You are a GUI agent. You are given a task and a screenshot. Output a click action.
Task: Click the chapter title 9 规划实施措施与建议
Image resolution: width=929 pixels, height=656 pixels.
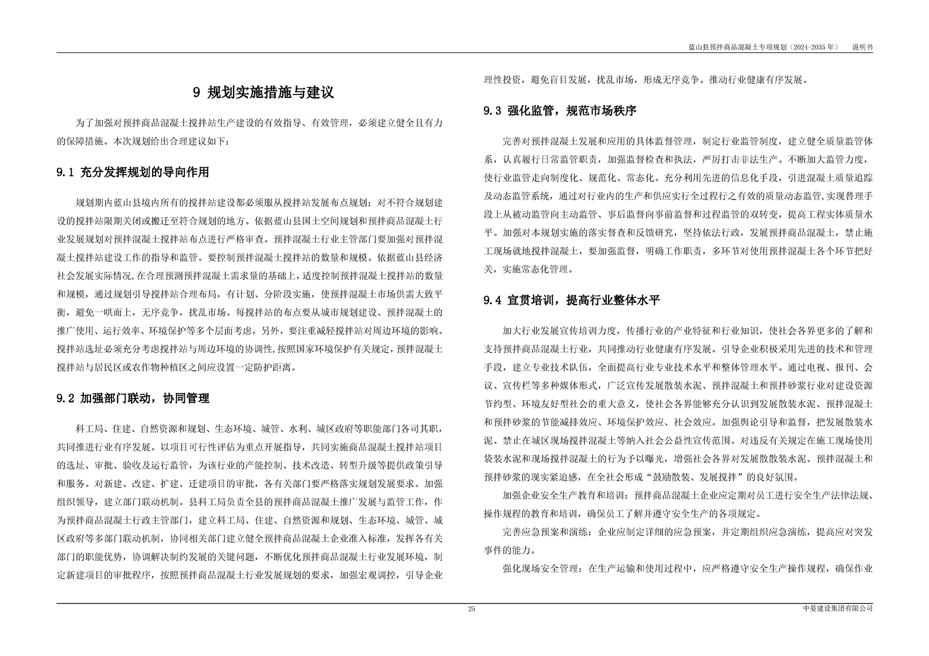point(264,93)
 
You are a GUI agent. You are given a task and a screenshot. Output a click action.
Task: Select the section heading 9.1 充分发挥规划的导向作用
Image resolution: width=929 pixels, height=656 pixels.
point(133,173)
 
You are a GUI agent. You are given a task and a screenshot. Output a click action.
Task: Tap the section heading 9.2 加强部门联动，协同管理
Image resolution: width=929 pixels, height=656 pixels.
point(133,398)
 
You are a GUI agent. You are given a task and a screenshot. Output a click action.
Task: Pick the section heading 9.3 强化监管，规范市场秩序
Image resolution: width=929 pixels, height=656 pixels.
point(560,110)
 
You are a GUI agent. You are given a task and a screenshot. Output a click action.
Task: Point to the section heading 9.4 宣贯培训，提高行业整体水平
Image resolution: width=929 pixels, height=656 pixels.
point(572,300)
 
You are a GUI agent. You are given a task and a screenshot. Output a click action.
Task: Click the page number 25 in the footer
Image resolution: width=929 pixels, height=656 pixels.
point(471,609)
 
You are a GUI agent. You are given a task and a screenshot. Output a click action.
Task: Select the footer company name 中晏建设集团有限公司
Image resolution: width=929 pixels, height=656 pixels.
point(837,609)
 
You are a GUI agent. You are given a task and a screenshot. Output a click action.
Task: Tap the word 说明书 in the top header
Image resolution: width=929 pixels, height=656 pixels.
point(862,46)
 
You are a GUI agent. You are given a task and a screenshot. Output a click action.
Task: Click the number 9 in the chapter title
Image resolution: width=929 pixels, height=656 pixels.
point(197,93)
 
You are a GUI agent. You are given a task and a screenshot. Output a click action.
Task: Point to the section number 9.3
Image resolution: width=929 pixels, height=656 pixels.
point(492,110)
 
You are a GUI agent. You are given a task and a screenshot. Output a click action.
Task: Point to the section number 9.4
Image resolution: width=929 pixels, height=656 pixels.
point(492,300)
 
